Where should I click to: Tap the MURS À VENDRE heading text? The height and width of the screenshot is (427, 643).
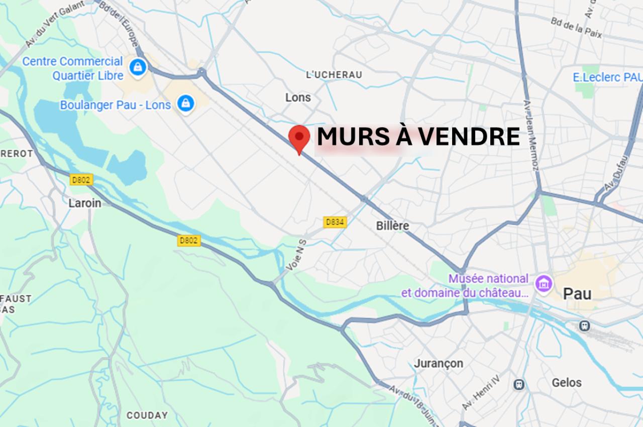pos(418,137)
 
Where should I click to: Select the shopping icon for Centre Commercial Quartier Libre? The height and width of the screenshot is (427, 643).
pos(137,66)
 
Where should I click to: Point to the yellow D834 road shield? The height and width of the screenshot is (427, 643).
pos(335,222)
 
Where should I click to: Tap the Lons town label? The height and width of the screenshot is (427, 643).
pos(298,97)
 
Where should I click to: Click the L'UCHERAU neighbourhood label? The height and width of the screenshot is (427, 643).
pos(334,75)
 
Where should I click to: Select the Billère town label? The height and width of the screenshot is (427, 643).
pos(392,226)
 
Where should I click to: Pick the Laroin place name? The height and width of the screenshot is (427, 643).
pos(84,203)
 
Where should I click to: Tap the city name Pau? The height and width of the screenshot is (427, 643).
pos(577,293)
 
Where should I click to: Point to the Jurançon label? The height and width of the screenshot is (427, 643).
pos(439,363)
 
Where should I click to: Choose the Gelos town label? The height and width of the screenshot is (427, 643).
pos(566,383)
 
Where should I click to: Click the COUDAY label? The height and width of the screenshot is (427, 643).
pos(147,415)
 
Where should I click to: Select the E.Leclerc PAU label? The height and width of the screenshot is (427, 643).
pos(607,77)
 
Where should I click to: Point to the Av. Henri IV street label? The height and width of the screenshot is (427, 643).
pos(481,393)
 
